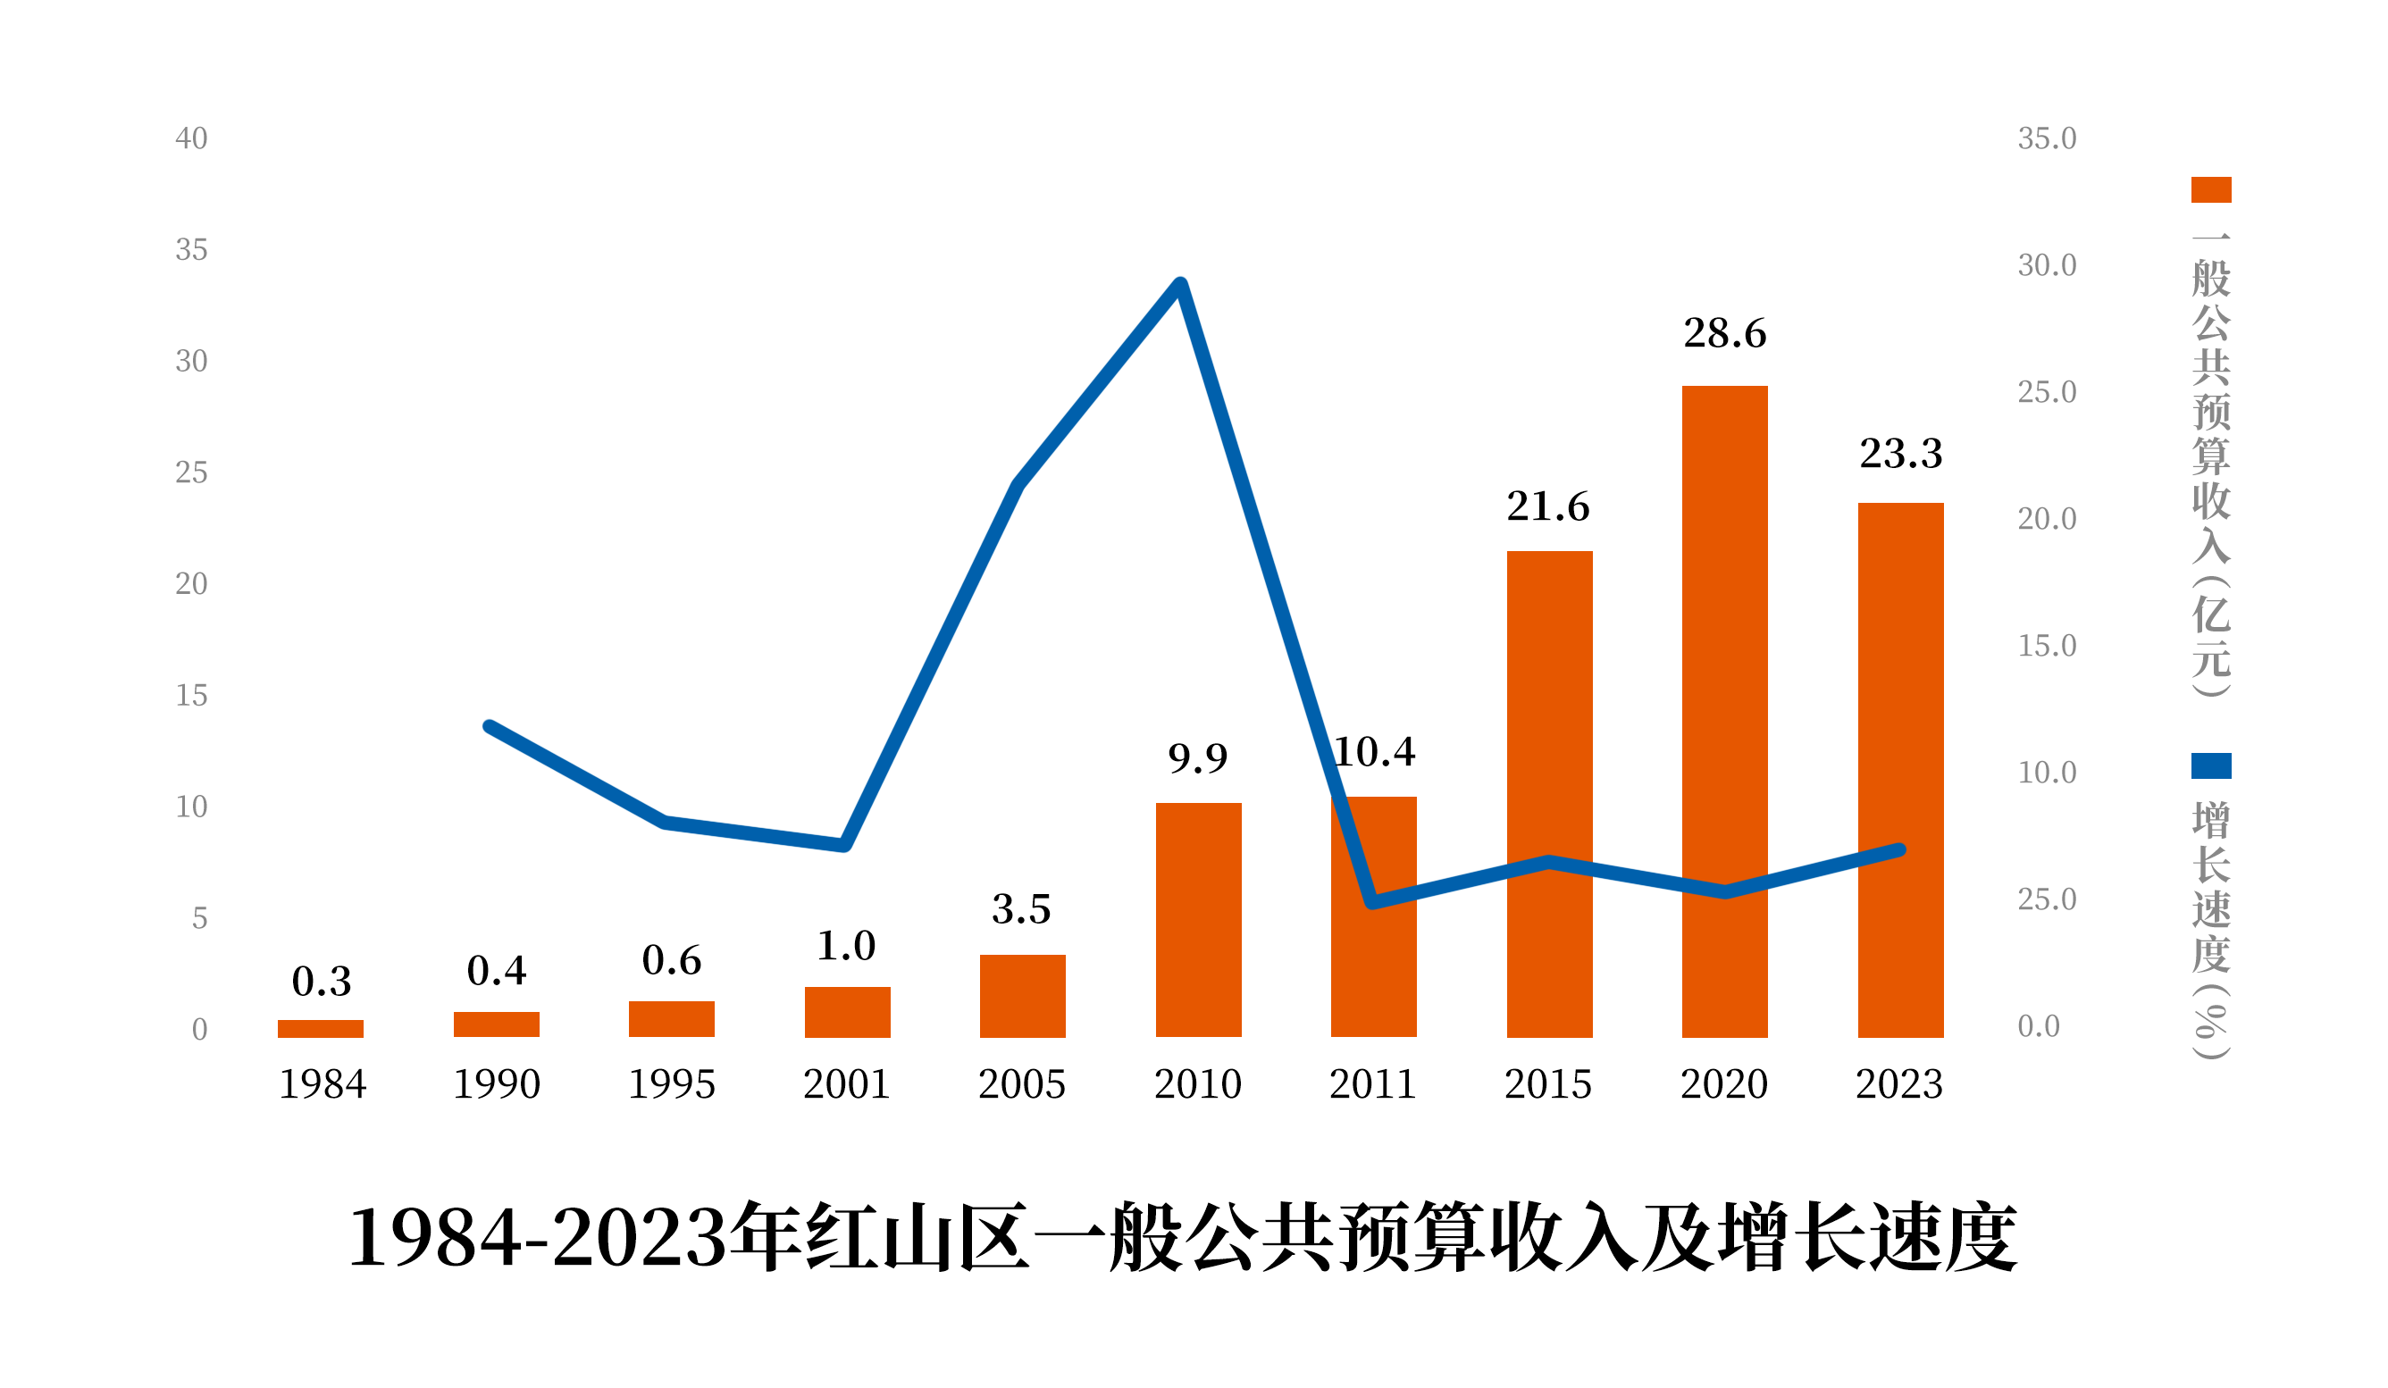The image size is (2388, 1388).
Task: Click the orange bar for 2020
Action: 1724,711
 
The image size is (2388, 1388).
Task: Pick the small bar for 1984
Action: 321,1029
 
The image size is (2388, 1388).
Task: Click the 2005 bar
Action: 1023,996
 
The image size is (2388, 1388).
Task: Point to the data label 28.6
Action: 1724,333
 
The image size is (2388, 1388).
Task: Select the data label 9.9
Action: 1198,758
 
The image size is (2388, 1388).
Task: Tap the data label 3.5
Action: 1021,909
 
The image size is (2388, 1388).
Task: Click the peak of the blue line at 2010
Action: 1181,283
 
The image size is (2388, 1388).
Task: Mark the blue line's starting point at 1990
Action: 489,727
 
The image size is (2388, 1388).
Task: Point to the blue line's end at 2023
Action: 1900,849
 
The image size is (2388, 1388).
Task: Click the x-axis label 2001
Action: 846,1083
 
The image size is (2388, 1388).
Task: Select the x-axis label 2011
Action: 1373,1083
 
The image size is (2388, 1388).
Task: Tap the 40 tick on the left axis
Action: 191,139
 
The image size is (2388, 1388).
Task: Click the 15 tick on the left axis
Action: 191,697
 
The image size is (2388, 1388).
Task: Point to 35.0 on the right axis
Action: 2047,139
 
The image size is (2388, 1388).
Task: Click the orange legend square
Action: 2211,189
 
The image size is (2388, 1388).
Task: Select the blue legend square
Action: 2211,765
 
